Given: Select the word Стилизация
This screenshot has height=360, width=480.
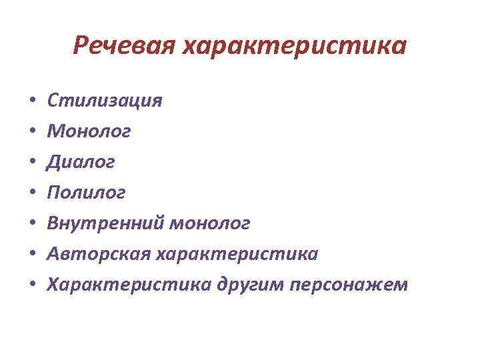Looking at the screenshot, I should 105,101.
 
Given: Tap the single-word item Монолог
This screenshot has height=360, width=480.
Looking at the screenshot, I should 89,132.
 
